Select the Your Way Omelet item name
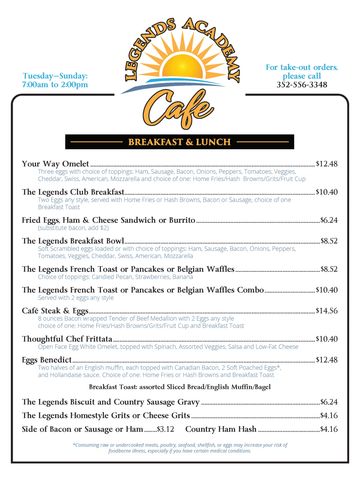(x=59, y=163)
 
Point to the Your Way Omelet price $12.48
(x=326, y=163)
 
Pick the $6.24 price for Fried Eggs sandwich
(x=328, y=219)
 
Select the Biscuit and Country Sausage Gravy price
(x=328, y=401)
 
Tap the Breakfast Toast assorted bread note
(x=180, y=385)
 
